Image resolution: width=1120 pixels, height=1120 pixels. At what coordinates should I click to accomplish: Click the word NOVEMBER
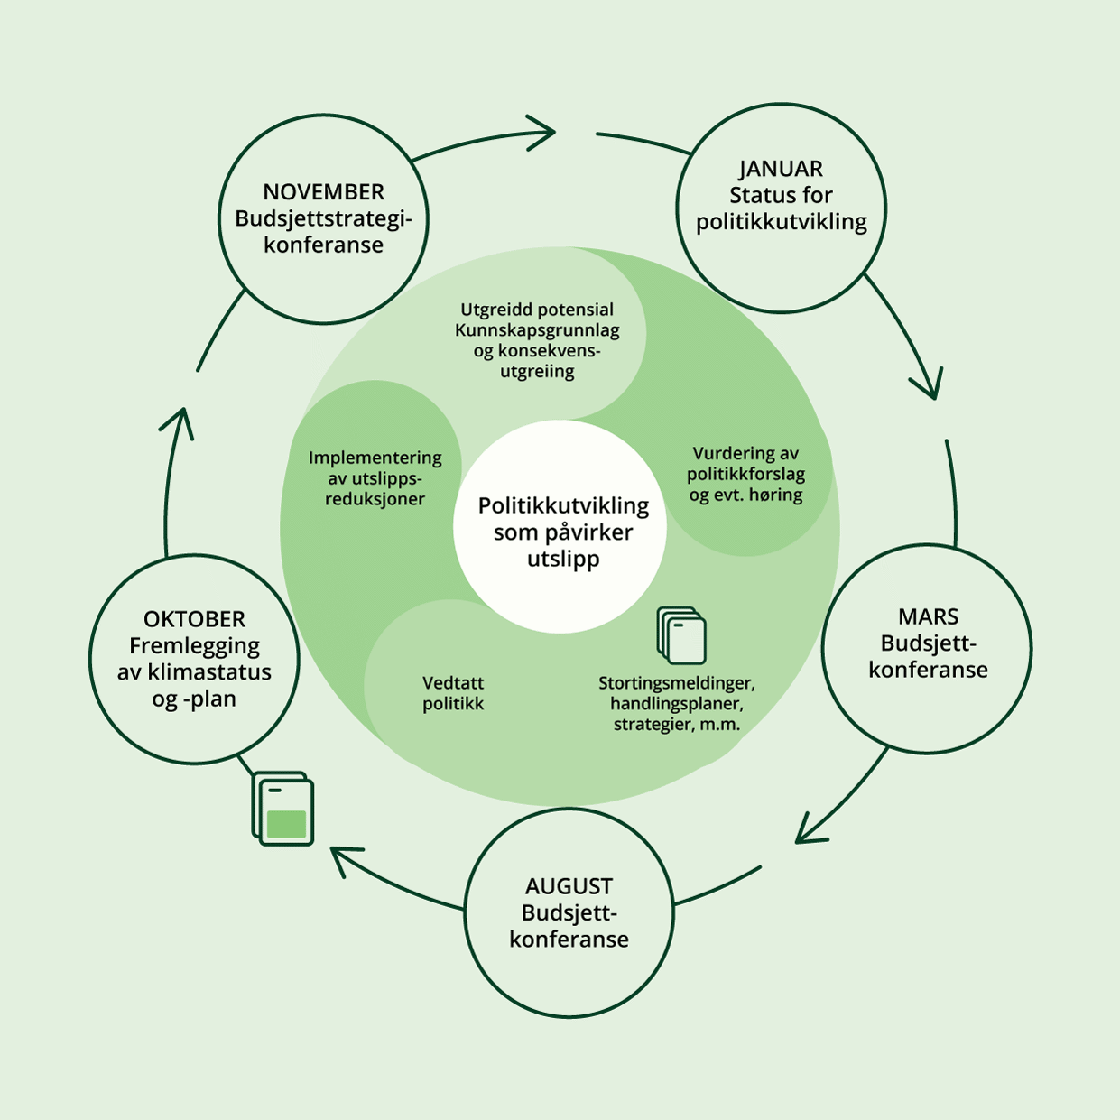point(323,192)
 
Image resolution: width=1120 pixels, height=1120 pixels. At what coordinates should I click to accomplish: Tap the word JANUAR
point(781,169)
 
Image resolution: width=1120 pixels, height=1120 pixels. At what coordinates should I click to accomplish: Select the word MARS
point(928,617)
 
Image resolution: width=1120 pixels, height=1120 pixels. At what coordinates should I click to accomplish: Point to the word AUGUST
point(569,886)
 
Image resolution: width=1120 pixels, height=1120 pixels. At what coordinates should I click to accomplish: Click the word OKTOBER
point(194,619)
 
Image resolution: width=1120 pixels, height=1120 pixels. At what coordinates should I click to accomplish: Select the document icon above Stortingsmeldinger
point(681,635)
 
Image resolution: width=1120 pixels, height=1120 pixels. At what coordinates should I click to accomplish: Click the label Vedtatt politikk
point(453,693)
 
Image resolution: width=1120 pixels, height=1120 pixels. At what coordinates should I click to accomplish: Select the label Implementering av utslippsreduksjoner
point(375,477)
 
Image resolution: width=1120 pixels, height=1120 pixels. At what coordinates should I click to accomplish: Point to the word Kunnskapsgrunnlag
point(537,330)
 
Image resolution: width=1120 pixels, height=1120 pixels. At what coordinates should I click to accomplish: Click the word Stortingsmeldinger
point(676,682)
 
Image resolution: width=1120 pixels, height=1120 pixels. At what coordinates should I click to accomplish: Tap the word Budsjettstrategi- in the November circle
point(323,218)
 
